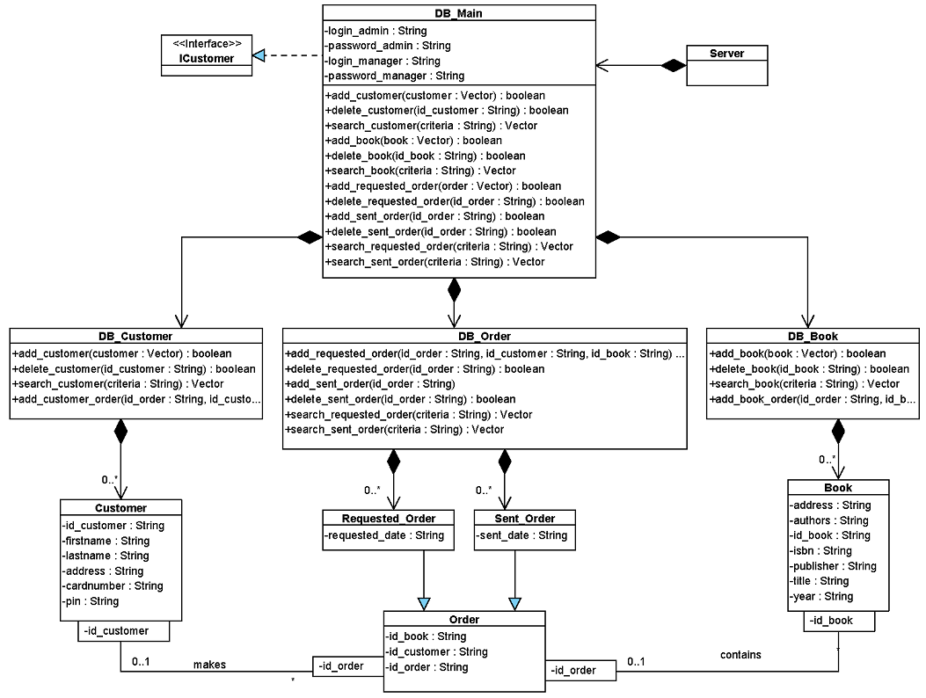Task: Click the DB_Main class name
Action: [x=458, y=13]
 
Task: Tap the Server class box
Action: [x=726, y=65]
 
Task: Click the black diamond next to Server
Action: [x=673, y=65]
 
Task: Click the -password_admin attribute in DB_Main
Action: [x=388, y=45]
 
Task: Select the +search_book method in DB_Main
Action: [x=420, y=171]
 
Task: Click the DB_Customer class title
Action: [x=135, y=336]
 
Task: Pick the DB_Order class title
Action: [x=484, y=336]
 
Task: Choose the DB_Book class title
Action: [x=813, y=336]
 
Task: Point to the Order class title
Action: [x=463, y=619]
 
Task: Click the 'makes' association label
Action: [x=209, y=665]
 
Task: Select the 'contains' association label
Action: [x=740, y=655]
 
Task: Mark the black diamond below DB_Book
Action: [x=838, y=431]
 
